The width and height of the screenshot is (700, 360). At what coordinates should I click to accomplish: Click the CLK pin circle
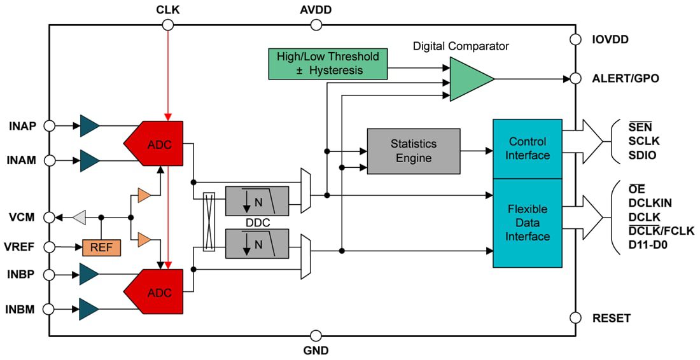coord(168,25)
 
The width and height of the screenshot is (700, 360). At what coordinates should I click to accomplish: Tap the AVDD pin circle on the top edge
coord(316,25)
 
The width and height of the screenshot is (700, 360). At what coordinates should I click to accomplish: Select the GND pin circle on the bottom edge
coord(316,335)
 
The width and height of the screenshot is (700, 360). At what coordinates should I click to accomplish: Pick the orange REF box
coord(101,247)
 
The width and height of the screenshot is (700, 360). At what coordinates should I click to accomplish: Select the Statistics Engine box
coord(414,151)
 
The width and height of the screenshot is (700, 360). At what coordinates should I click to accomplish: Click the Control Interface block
coord(528,149)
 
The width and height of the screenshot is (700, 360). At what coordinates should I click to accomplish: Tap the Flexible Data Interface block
coord(528,223)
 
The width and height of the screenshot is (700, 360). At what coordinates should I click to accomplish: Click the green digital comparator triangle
coord(468,79)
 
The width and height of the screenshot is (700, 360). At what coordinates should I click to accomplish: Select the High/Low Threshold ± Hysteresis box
coord(328,64)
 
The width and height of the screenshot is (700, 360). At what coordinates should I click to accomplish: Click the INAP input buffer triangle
coord(89,126)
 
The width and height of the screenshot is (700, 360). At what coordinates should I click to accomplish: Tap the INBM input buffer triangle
coord(89,309)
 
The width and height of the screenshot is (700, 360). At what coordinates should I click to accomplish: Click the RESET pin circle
coord(575,317)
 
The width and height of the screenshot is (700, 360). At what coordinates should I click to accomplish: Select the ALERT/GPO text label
coord(626,79)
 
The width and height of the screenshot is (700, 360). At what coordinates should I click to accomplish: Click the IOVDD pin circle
coord(575,39)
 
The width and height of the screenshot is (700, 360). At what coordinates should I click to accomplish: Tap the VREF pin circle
coord(49,247)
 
